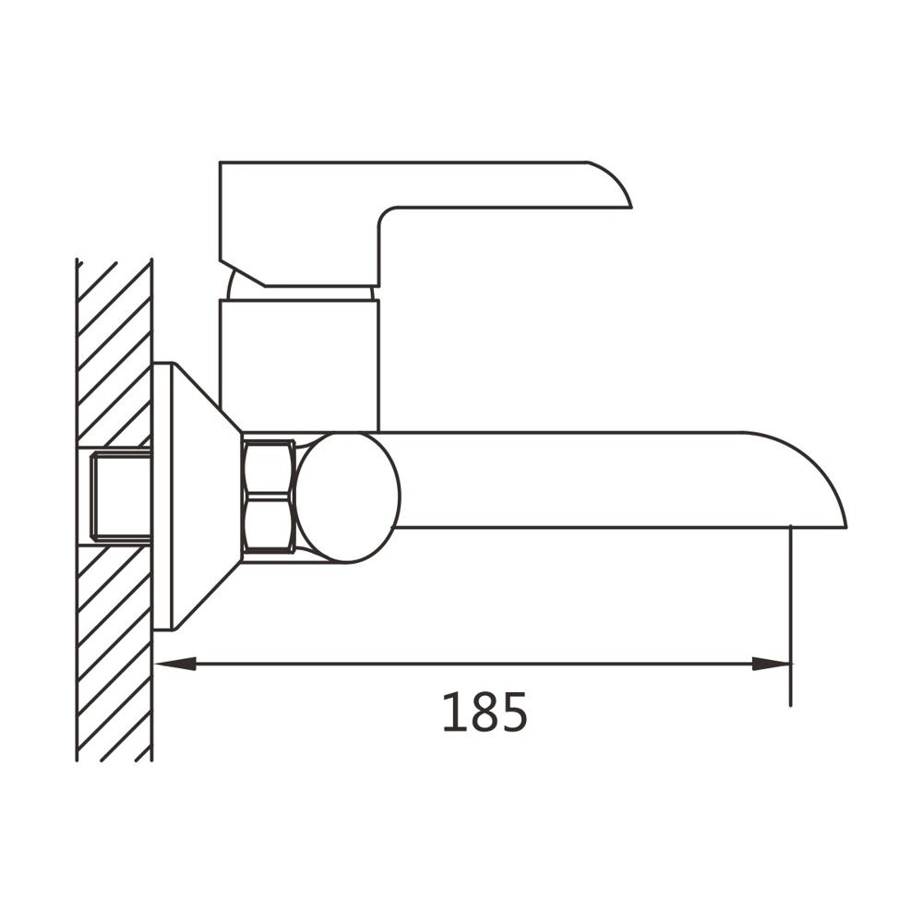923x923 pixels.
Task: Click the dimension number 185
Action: click(x=485, y=713)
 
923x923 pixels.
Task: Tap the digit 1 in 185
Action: click(x=454, y=713)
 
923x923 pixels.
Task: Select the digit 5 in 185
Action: click(x=514, y=713)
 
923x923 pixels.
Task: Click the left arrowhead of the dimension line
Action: click(x=174, y=664)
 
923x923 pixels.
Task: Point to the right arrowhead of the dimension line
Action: click(x=771, y=664)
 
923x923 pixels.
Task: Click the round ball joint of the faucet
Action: click(x=347, y=497)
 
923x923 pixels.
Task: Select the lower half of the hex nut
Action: click(x=269, y=525)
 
